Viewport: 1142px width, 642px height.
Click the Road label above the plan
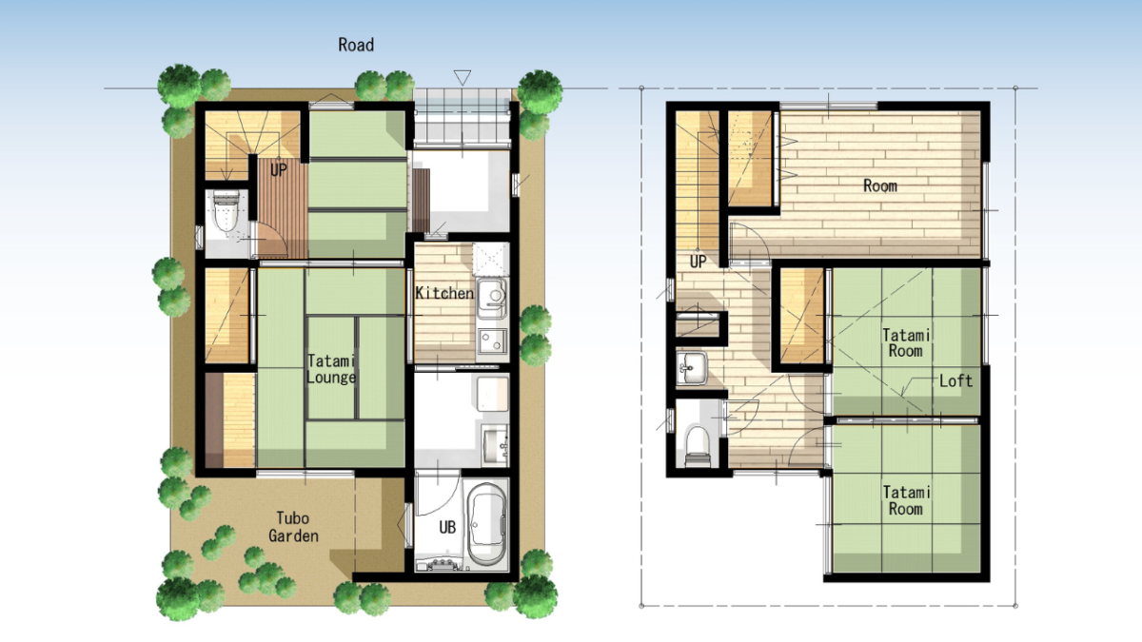coord(356,45)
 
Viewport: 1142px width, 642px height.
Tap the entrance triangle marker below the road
coord(463,77)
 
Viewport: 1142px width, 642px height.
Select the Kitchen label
coord(444,293)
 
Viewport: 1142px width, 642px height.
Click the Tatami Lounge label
coord(331,369)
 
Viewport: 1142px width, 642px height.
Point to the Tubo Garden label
coord(293,527)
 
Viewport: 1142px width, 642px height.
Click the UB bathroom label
coord(447,527)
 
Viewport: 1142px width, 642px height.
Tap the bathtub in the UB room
coord(487,525)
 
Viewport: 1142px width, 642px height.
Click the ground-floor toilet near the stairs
coord(226,210)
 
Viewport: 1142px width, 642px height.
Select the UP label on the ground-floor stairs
coord(278,169)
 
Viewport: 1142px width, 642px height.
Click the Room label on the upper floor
coord(880,185)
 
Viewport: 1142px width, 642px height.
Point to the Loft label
coord(955,380)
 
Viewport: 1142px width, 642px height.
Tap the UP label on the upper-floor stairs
coord(698,262)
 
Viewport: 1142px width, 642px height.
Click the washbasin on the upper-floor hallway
coord(692,368)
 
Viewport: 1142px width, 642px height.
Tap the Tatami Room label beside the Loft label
coord(906,343)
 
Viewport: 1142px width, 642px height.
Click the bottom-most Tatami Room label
coord(906,500)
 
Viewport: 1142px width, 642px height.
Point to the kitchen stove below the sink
coord(493,341)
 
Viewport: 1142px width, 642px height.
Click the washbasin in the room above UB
coord(495,446)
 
